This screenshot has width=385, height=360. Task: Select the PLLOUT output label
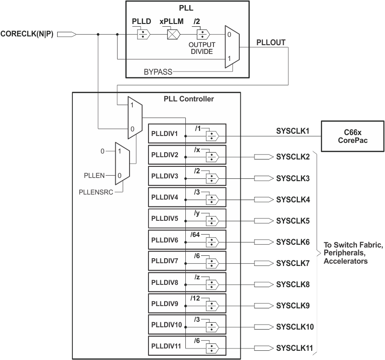point(270,42)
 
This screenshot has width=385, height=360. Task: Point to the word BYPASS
point(158,72)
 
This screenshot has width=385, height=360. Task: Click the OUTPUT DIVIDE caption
point(201,48)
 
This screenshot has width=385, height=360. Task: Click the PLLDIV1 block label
point(165,134)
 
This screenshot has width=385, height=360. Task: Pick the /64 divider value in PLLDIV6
point(195,235)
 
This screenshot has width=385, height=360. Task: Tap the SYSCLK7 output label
point(293,263)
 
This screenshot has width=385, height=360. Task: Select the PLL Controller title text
point(189,99)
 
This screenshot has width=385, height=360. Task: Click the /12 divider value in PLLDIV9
point(195,298)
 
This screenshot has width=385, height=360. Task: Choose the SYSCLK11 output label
point(295,348)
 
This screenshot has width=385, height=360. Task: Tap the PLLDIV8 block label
point(165,282)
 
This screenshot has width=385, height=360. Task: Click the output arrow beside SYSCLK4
point(263,200)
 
